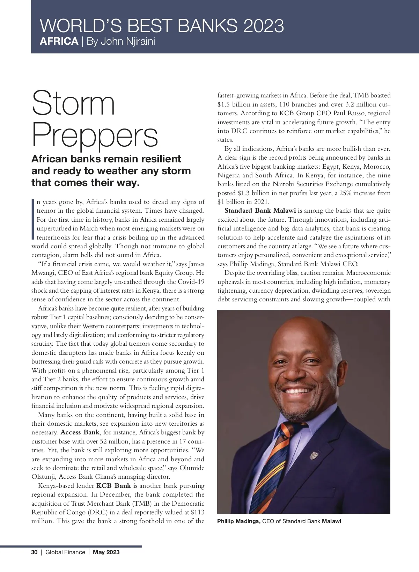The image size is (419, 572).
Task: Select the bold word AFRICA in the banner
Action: click(x=59, y=42)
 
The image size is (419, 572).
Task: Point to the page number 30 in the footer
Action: click(x=34, y=552)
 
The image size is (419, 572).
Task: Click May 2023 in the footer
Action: click(x=106, y=552)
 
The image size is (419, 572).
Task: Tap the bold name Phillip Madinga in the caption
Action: click(x=239, y=521)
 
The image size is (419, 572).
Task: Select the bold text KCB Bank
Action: click(x=113, y=486)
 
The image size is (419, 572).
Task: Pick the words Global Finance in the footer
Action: click(x=65, y=552)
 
